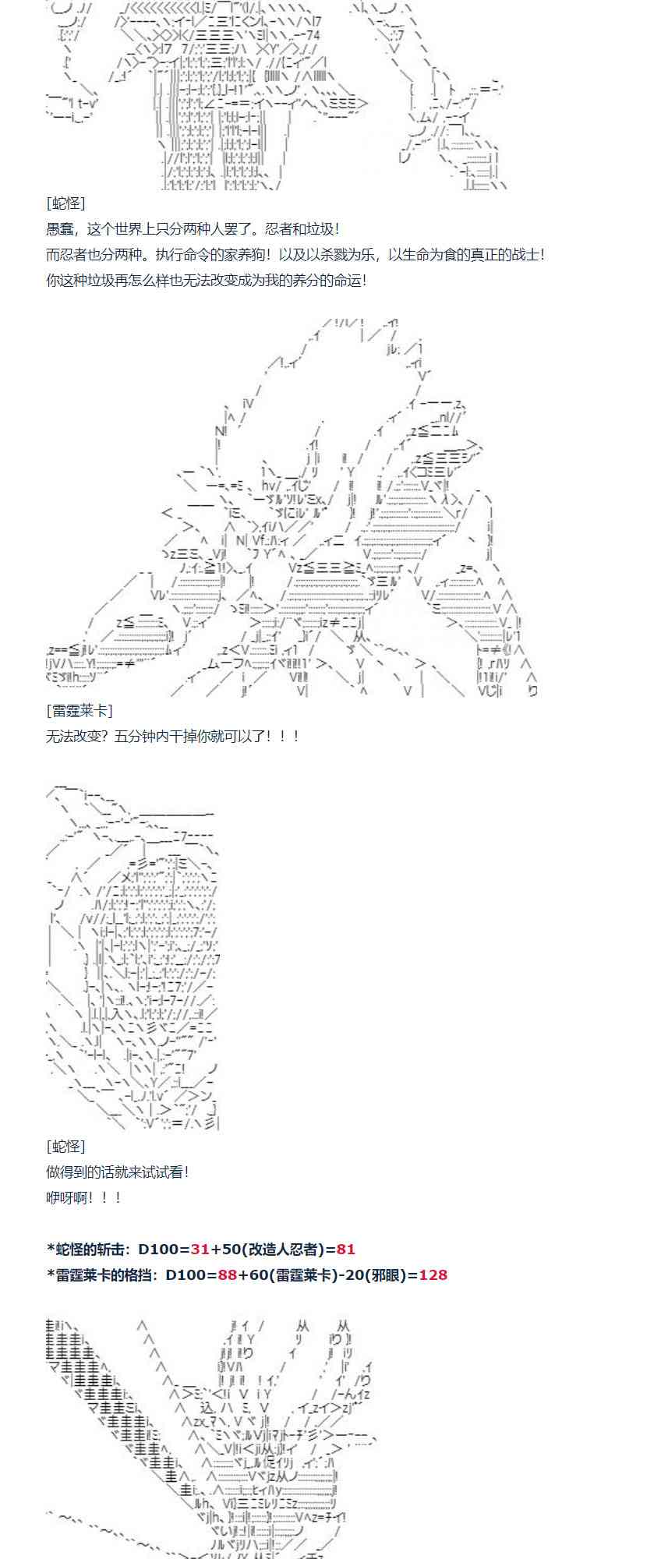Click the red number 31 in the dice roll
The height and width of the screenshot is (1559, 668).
tap(200, 1249)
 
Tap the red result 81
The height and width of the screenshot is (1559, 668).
tap(346, 1249)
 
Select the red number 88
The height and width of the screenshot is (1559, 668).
tap(228, 1274)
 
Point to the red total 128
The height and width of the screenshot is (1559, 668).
tap(433, 1274)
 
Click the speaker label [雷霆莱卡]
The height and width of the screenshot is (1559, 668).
tap(79, 710)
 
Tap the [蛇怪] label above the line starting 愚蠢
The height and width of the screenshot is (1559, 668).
tap(65, 203)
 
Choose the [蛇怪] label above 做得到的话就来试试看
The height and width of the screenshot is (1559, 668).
tap(65, 1146)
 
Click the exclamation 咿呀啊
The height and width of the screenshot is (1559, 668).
tap(67, 1197)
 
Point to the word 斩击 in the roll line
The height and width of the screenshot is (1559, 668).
tap(108, 1249)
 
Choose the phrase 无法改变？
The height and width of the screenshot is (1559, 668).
tap(80, 736)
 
